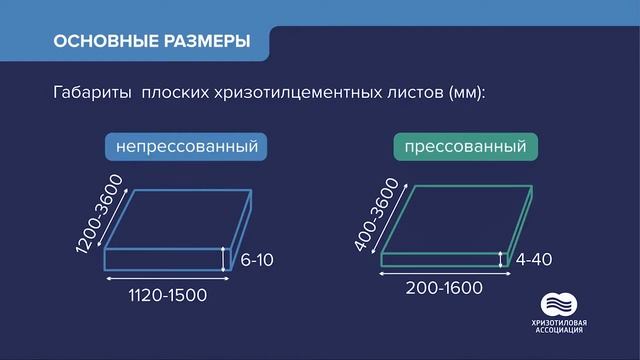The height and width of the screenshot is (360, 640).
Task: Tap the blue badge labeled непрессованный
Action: click(x=187, y=147)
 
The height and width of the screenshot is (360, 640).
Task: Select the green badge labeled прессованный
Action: click(x=467, y=147)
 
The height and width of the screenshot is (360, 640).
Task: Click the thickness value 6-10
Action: click(x=257, y=261)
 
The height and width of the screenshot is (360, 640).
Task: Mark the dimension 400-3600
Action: click(x=377, y=213)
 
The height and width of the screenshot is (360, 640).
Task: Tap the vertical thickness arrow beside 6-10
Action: click(x=228, y=260)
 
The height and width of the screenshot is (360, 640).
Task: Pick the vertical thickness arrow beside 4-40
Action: click(x=502, y=259)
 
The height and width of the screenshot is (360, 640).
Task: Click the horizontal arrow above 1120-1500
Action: click(x=165, y=279)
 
